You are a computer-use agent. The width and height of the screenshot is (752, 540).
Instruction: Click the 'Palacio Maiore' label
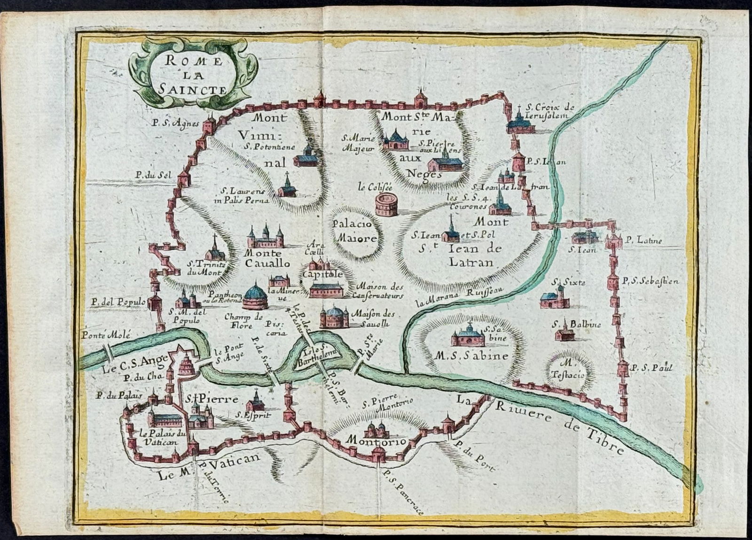[355, 231]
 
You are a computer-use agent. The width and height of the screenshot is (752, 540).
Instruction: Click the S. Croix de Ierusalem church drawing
[521, 123]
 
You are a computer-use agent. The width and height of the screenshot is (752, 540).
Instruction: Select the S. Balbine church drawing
[564, 333]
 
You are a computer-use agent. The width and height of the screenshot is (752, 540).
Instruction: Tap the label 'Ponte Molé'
[105, 335]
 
